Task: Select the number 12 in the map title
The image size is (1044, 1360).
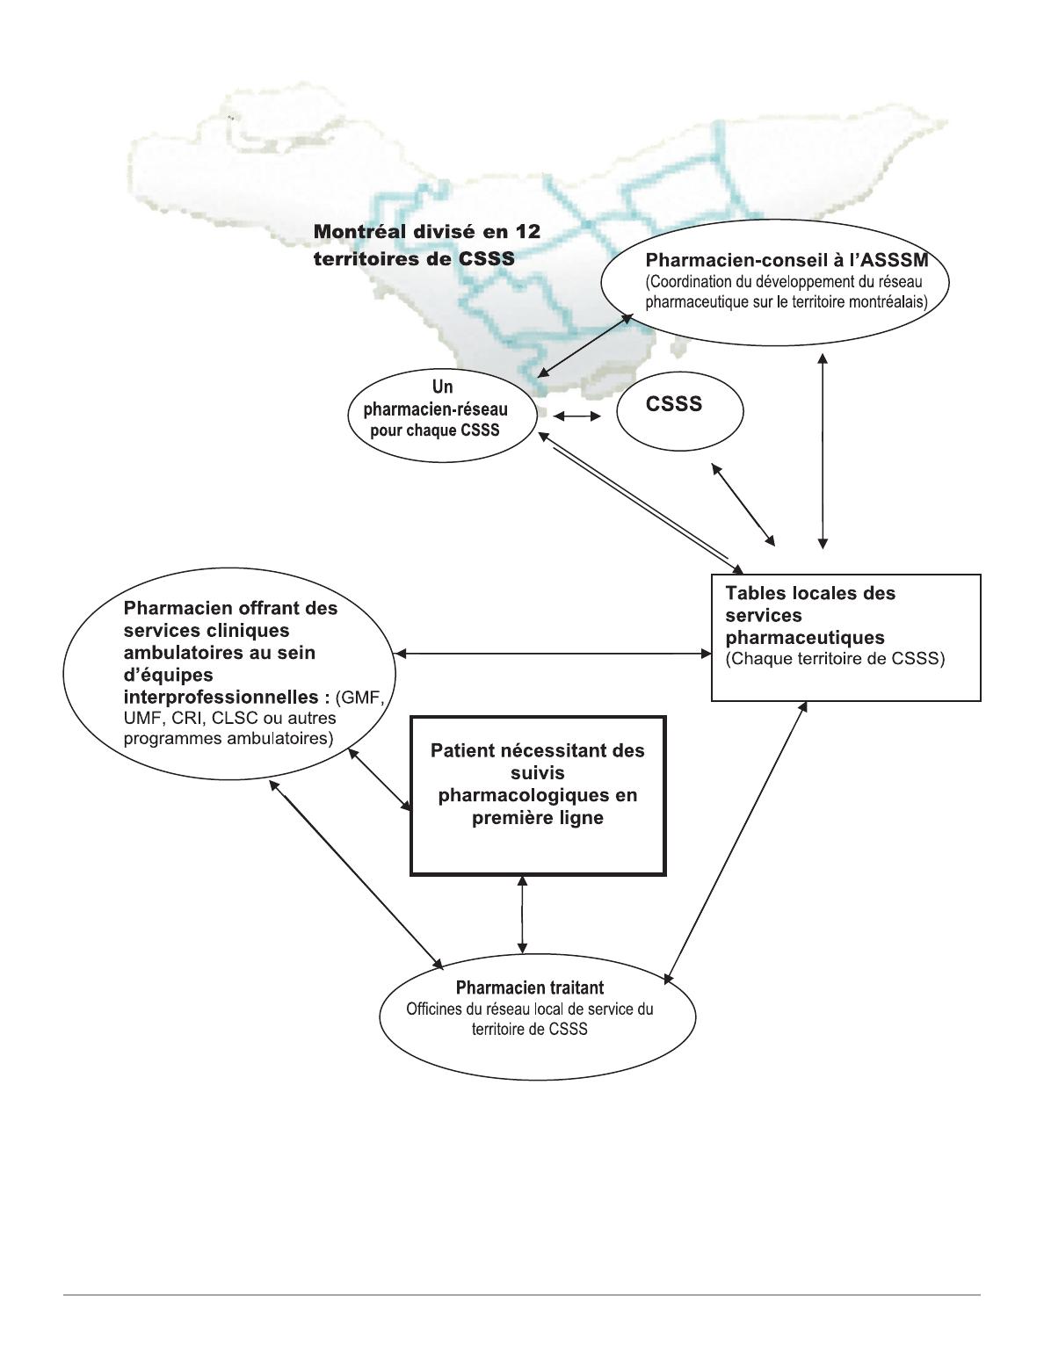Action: point(526,231)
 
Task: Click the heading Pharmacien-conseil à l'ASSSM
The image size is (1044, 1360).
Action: point(787,261)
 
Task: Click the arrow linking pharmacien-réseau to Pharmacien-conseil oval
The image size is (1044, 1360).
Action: point(585,344)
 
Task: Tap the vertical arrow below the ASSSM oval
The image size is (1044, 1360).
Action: point(823,452)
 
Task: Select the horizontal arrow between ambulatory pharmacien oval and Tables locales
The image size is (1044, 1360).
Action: point(553,653)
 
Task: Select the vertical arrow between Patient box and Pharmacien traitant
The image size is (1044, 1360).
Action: point(523,915)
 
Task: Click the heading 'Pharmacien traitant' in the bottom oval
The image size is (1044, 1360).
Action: point(530,987)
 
